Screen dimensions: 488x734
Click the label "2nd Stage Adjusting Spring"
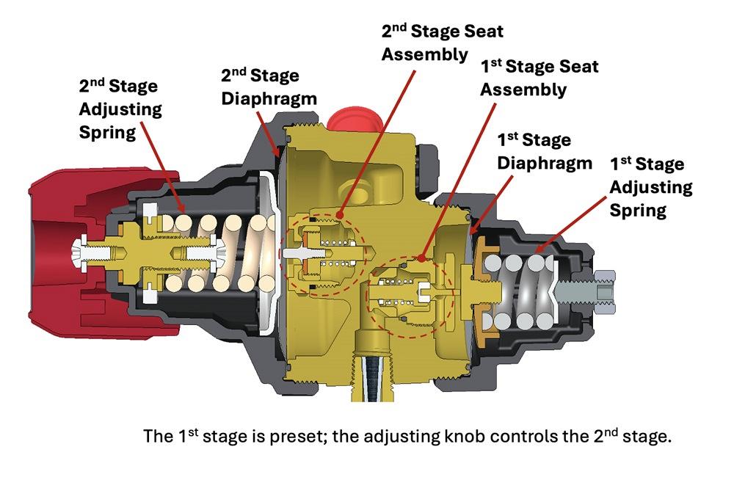click(x=120, y=109)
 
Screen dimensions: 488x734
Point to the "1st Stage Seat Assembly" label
click(x=539, y=78)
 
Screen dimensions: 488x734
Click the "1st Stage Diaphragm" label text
click(x=544, y=150)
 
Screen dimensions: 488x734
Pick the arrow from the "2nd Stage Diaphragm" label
click(x=269, y=132)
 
